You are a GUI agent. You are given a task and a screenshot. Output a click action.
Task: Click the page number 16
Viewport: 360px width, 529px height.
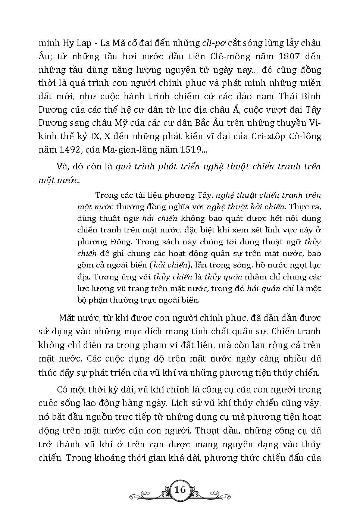point(180,489)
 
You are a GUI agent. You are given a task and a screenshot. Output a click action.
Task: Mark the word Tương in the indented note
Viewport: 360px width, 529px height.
point(109,277)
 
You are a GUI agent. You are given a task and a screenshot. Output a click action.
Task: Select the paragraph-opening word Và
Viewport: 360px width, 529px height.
point(61,166)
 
